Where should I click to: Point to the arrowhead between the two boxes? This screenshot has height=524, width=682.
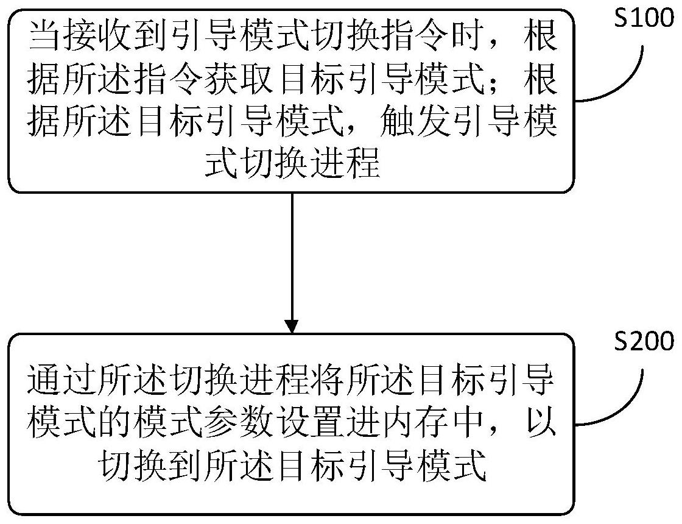[292, 326]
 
